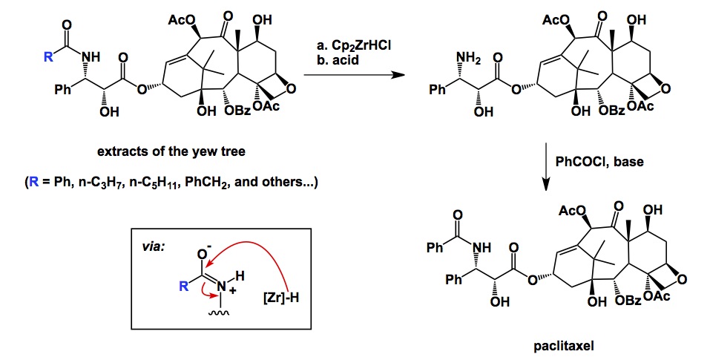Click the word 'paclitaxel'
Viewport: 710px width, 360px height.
[x=564, y=345]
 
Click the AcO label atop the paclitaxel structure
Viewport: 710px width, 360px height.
[x=571, y=212]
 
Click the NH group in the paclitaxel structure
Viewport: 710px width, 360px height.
[x=479, y=248]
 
